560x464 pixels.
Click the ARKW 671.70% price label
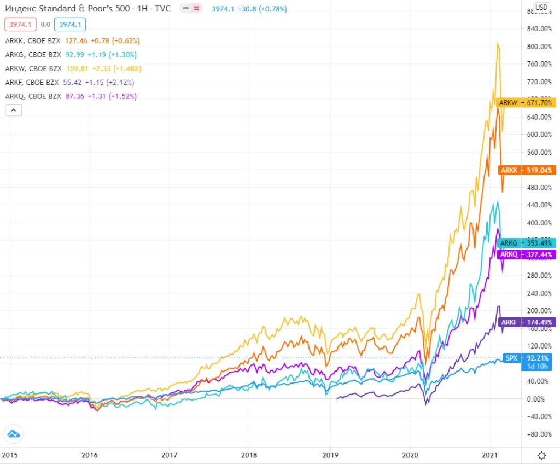[526, 102]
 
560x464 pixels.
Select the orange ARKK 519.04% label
[526, 170]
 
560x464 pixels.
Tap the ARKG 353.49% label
[526, 243]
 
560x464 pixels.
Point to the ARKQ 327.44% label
[526, 254]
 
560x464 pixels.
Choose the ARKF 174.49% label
[526, 322]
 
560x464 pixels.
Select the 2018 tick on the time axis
[249, 455]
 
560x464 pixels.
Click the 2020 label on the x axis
[410, 455]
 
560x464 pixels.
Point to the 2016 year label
[90, 455]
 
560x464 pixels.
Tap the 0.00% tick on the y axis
[536, 399]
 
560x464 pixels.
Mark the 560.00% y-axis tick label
[536, 152]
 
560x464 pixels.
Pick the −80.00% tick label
[535, 434]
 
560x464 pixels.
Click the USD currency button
[541, 7]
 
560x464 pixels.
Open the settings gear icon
[541, 455]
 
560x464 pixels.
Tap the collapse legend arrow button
[14, 110]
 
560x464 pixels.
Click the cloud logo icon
[13, 435]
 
